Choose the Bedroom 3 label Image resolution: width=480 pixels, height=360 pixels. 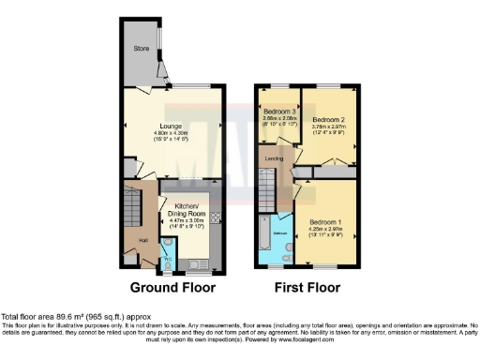[x=279, y=112]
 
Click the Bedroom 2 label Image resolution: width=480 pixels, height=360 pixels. [x=329, y=121]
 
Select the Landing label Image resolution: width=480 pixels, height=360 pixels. [x=275, y=158]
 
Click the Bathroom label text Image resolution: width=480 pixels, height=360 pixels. [x=279, y=231]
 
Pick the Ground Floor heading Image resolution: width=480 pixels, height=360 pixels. [x=172, y=287]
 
